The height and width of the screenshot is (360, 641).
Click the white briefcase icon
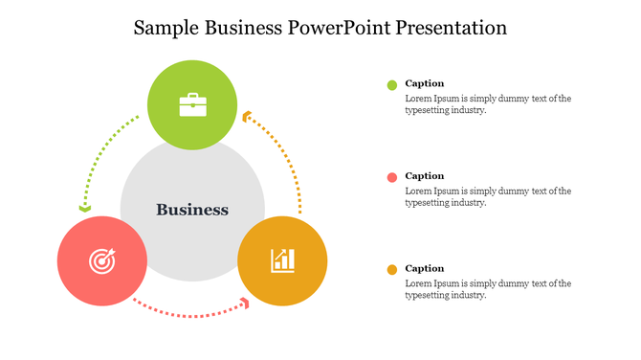click(192, 104)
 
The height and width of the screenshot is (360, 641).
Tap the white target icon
click(101, 259)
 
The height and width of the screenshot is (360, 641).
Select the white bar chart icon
click(282, 259)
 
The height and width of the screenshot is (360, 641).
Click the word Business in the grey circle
click(192, 210)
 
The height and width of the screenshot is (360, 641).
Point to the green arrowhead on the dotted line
click(85, 207)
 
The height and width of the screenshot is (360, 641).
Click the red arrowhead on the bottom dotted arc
click(246, 303)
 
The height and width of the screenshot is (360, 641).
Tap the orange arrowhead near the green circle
click(247, 117)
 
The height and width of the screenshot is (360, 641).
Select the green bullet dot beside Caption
click(391, 85)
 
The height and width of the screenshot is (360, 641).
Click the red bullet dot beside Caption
click(391, 177)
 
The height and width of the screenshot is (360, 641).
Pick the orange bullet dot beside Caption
click(391, 270)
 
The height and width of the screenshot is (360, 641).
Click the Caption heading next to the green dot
click(424, 83)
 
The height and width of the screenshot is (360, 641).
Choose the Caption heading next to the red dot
click(424, 175)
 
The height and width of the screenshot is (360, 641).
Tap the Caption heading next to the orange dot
click(424, 268)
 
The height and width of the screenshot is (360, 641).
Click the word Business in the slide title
click(244, 28)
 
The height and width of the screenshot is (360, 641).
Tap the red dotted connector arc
click(187, 312)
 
